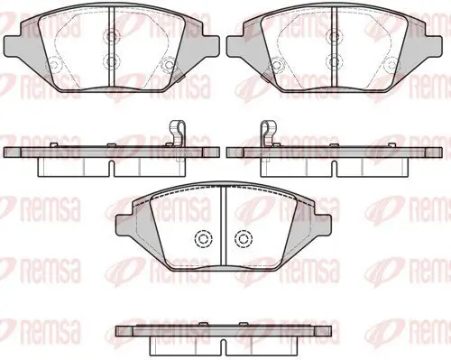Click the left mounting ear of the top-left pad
pyautogui.click(x=13, y=46)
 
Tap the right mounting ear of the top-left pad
pyautogui.click(x=210, y=46)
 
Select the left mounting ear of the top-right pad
pyautogui.click(x=235, y=46)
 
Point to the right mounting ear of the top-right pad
pyautogui.click(x=433, y=46)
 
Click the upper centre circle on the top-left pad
pyautogui.click(x=112, y=37)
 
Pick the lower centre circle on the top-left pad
pyautogui.click(x=112, y=62)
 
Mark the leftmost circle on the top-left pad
pyautogui.click(x=53, y=65)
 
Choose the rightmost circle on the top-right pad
pyautogui.click(x=391, y=65)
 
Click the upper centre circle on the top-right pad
pyautogui.click(x=335, y=37)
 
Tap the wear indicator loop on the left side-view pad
pyautogui.click(x=178, y=134)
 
